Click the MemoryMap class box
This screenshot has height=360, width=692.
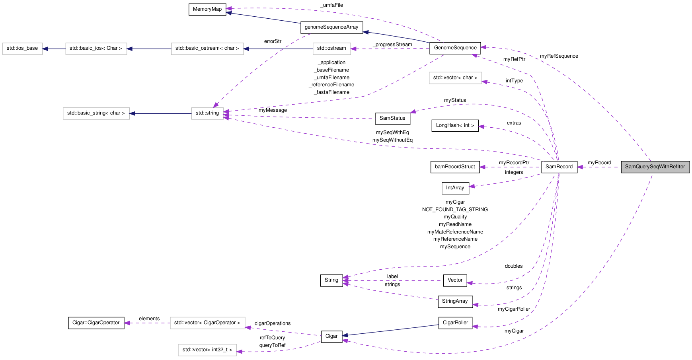pyautogui.click(x=207, y=10)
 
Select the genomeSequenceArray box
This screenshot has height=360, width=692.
pyautogui.click(x=331, y=27)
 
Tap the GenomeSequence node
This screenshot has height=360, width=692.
pyautogui.click(x=455, y=48)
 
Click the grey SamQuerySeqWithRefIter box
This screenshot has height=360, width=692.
pyautogui.click(x=655, y=167)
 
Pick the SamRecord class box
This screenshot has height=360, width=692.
pyautogui.click(x=559, y=167)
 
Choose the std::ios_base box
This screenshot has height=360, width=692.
pyautogui.click(x=22, y=49)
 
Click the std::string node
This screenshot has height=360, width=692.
pyautogui.click(x=207, y=113)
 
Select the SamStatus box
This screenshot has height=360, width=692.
pyautogui.click(x=392, y=119)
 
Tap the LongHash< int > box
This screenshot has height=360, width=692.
pyautogui.click(x=454, y=126)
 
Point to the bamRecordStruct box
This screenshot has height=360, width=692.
pyautogui.click(x=454, y=167)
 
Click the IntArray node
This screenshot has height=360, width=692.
pyautogui.click(x=455, y=188)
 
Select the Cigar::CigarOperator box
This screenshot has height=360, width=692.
pyautogui.click(x=96, y=323)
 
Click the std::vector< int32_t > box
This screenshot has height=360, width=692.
pyautogui.click(x=207, y=350)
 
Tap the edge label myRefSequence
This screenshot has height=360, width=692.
pyautogui.click(x=559, y=56)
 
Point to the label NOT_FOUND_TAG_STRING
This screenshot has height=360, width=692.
pyautogui.click(x=454, y=210)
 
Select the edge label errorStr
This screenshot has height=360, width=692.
pyautogui.click(x=273, y=41)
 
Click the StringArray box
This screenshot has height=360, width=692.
pyautogui.click(x=454, y=302)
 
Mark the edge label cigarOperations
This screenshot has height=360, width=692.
pyautogui.click(x=272, y=323)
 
